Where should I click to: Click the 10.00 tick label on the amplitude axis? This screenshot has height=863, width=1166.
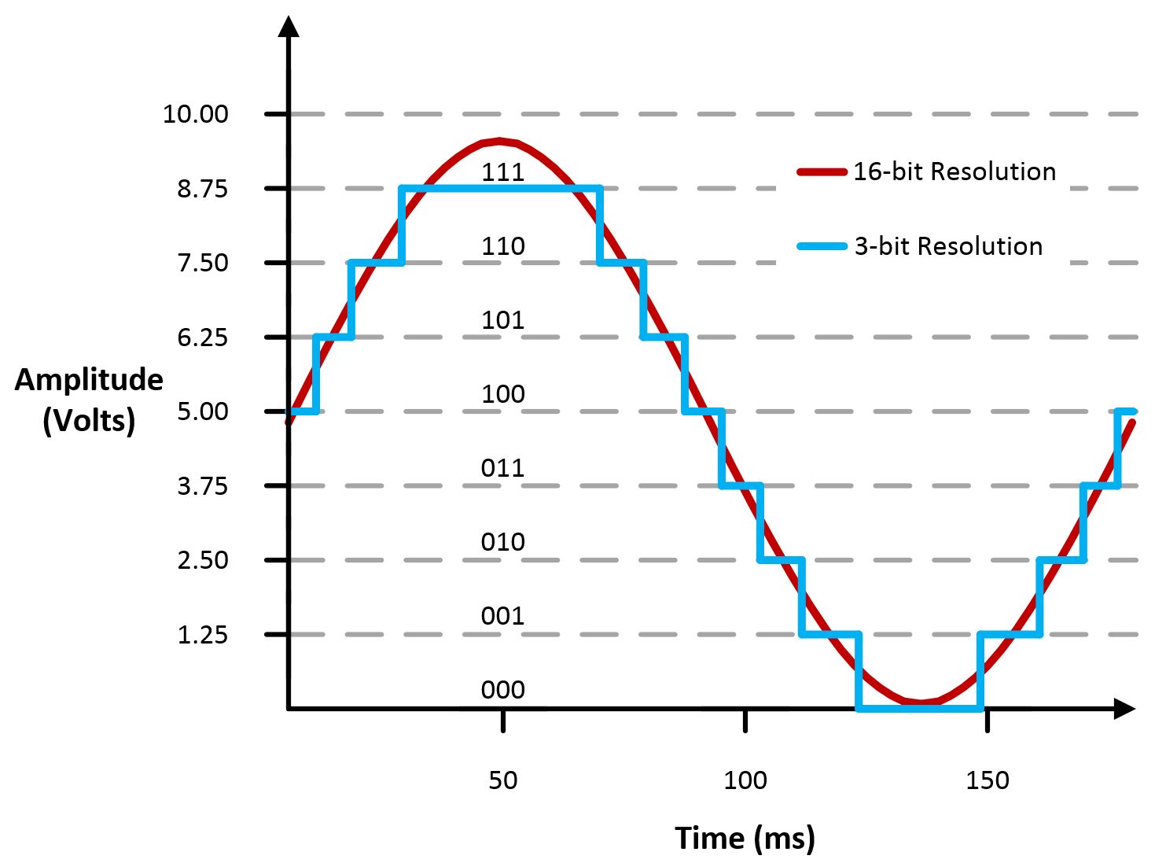point(195,114)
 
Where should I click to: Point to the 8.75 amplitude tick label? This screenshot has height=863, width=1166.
point(202,189)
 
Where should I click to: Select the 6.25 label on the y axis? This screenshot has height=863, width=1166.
point(202,337)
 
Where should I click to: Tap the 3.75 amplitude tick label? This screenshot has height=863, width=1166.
point(202,486)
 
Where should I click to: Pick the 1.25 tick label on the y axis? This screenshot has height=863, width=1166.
point(202,635)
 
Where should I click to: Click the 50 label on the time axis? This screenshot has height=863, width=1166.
point(502,780)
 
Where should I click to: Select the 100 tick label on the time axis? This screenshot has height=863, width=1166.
point(745,780)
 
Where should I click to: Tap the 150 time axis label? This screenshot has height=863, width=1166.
point(987,780)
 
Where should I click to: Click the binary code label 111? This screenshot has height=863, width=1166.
point(502,171)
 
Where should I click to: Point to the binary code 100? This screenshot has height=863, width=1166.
point(502,393)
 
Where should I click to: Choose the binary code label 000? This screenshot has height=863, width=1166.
point(502,690)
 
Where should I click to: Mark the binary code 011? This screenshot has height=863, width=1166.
point(502,468)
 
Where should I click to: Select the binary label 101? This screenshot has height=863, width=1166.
point(502,319)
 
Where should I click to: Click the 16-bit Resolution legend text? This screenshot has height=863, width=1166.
point(955,171)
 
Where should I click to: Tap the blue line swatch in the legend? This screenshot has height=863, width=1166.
point(822,246)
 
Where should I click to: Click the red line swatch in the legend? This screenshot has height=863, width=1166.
point(822,171)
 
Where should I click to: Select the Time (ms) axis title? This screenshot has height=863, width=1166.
point(744,838)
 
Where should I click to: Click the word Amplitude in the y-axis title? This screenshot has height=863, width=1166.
point(89,380)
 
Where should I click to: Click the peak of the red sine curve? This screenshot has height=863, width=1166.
point(500,142)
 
